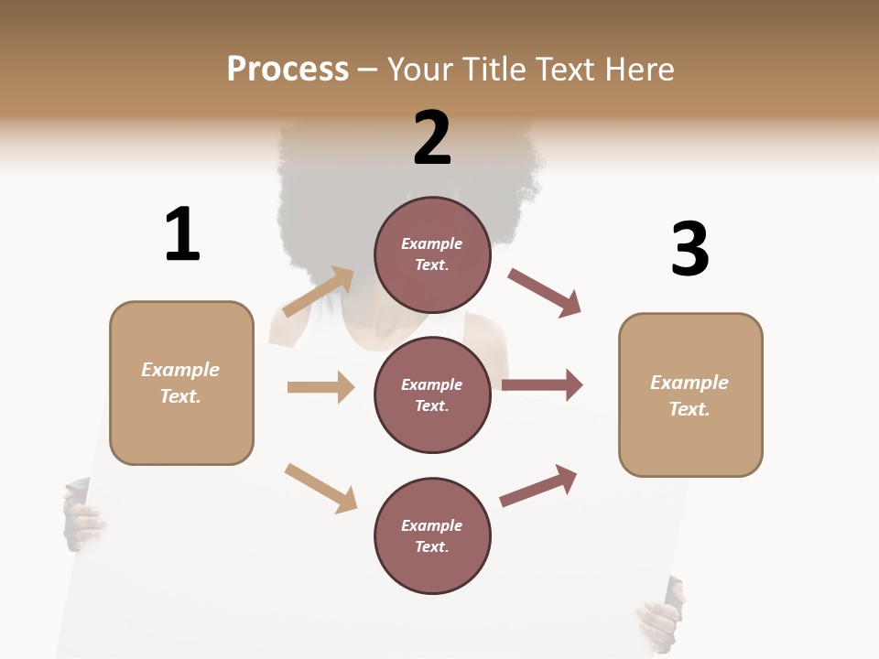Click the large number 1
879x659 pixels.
[x=182, y=234]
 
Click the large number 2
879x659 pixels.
[x=432, y=138]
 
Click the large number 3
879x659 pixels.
[x=689, y=250]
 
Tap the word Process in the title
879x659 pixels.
[x=288, y=69]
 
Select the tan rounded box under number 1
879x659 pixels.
[x=181, y=383]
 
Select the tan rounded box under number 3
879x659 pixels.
[x=690, y=394]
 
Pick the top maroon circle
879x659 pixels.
[x=432, y=254]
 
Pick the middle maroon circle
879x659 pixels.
[x=432, y=394]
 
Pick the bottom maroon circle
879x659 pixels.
[x=432, y=535]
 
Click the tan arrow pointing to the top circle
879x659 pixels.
[x=319, y=292]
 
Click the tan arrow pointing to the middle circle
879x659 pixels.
[x=320, y=387]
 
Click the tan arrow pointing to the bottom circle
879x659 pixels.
[x=320, y=487]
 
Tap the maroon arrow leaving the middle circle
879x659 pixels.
[x=542, y=385]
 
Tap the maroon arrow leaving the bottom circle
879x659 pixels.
[x=538, y=485]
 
